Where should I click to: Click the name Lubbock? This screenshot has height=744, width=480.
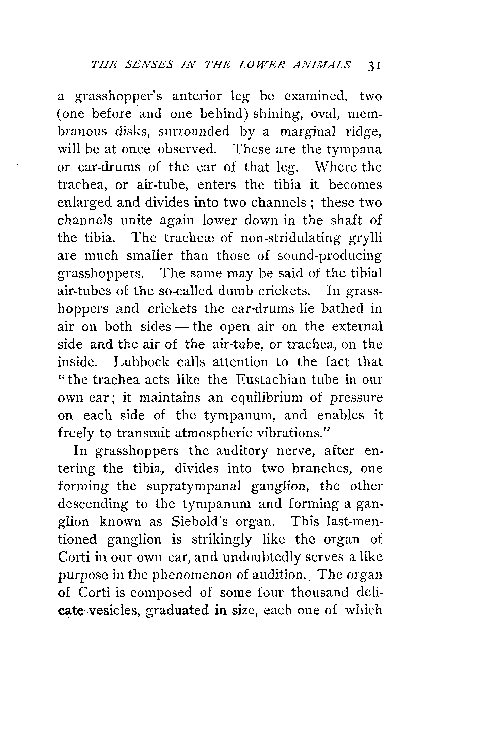point(141,362)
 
